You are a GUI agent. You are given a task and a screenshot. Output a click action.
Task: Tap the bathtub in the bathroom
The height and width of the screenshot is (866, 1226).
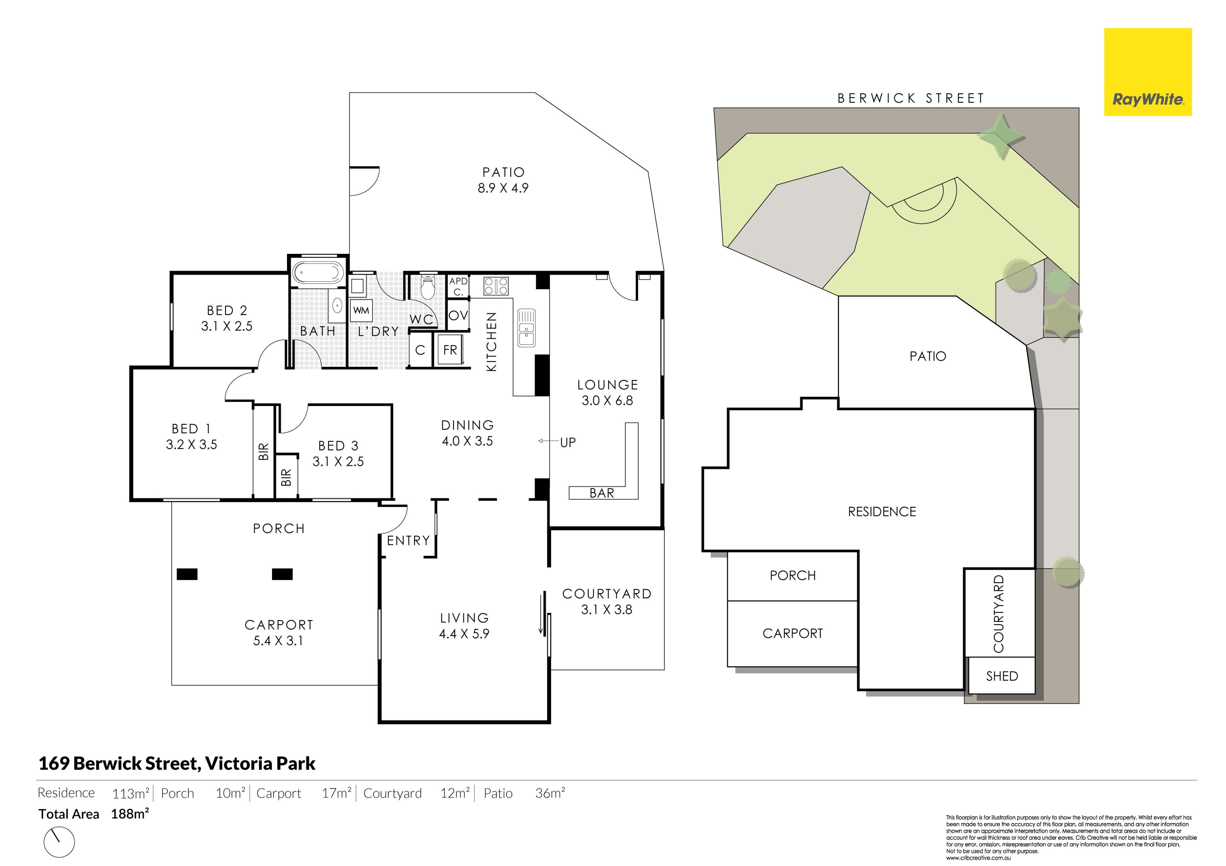tap(318, 273)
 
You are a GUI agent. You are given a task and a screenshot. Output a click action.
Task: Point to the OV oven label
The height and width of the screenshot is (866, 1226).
tap(458, 315)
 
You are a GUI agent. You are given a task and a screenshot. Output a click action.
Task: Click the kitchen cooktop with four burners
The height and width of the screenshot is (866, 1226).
tap(496, 286)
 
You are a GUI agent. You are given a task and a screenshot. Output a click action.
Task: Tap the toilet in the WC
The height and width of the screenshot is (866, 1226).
tap(428, 288)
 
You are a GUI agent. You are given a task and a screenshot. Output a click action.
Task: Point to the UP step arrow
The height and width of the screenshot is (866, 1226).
tap(549, 441)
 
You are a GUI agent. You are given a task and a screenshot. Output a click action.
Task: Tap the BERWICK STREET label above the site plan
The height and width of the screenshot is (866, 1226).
tap(911, 98)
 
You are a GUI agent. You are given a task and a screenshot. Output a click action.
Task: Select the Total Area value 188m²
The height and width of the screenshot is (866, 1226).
tap(130, 814)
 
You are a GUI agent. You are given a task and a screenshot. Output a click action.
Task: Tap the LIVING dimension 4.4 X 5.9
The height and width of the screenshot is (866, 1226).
tap(464, 634)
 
